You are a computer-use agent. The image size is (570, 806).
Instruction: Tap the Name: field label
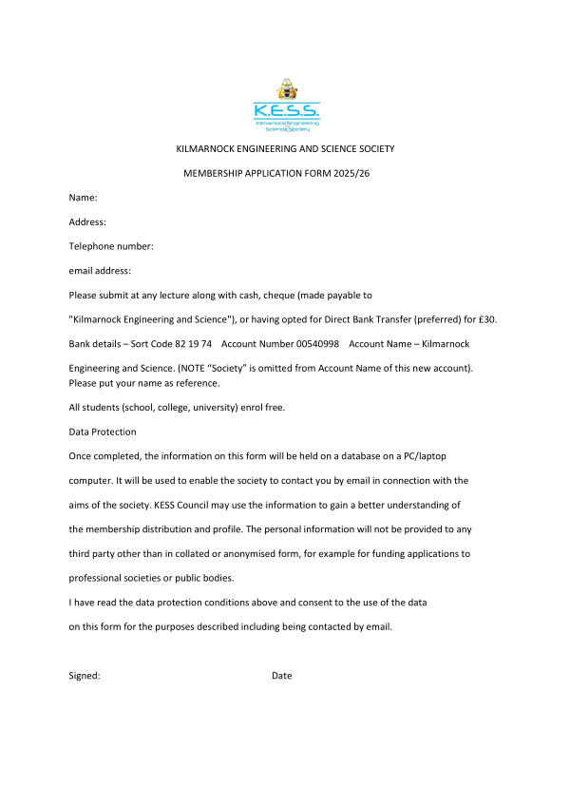click(x=84, y=198)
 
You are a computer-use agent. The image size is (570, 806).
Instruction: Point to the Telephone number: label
click(x=111, y=246)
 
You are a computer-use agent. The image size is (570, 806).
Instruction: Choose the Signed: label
click(x=85, y=676)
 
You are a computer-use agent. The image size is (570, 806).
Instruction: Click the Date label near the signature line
click(x=281, y=676)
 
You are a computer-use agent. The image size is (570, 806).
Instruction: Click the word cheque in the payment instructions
click(x=289, y=295)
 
